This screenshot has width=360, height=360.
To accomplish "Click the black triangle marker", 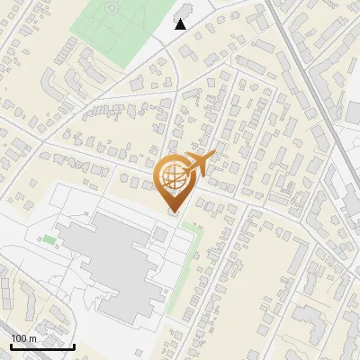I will (181, 24).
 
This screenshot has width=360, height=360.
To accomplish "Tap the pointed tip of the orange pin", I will (174, 212).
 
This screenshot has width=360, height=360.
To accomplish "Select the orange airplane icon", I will (199, 164).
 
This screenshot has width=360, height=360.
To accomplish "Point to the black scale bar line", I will (42, 346).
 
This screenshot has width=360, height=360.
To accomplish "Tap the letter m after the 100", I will (32, 338).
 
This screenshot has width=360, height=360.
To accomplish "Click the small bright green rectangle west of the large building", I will (48, 239).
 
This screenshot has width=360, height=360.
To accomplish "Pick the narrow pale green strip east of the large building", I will (185, 265).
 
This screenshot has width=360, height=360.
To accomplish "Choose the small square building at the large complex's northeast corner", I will (159, 234).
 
